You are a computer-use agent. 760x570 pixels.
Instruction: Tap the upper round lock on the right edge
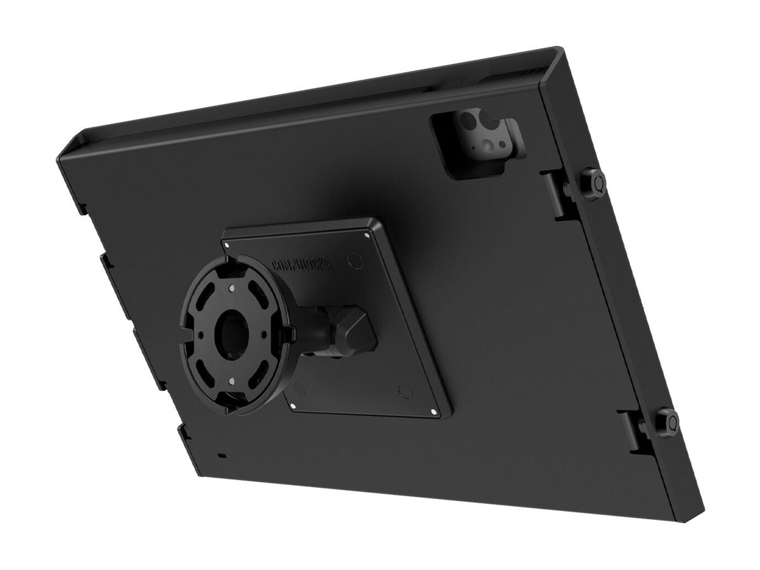pyautogui.click(x=593, y=183)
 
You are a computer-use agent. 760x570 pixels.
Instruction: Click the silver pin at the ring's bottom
pyautogui.click(x=232, y=381)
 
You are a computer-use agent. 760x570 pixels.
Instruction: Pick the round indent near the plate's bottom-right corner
pyautogui.click(x=405, y=391)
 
